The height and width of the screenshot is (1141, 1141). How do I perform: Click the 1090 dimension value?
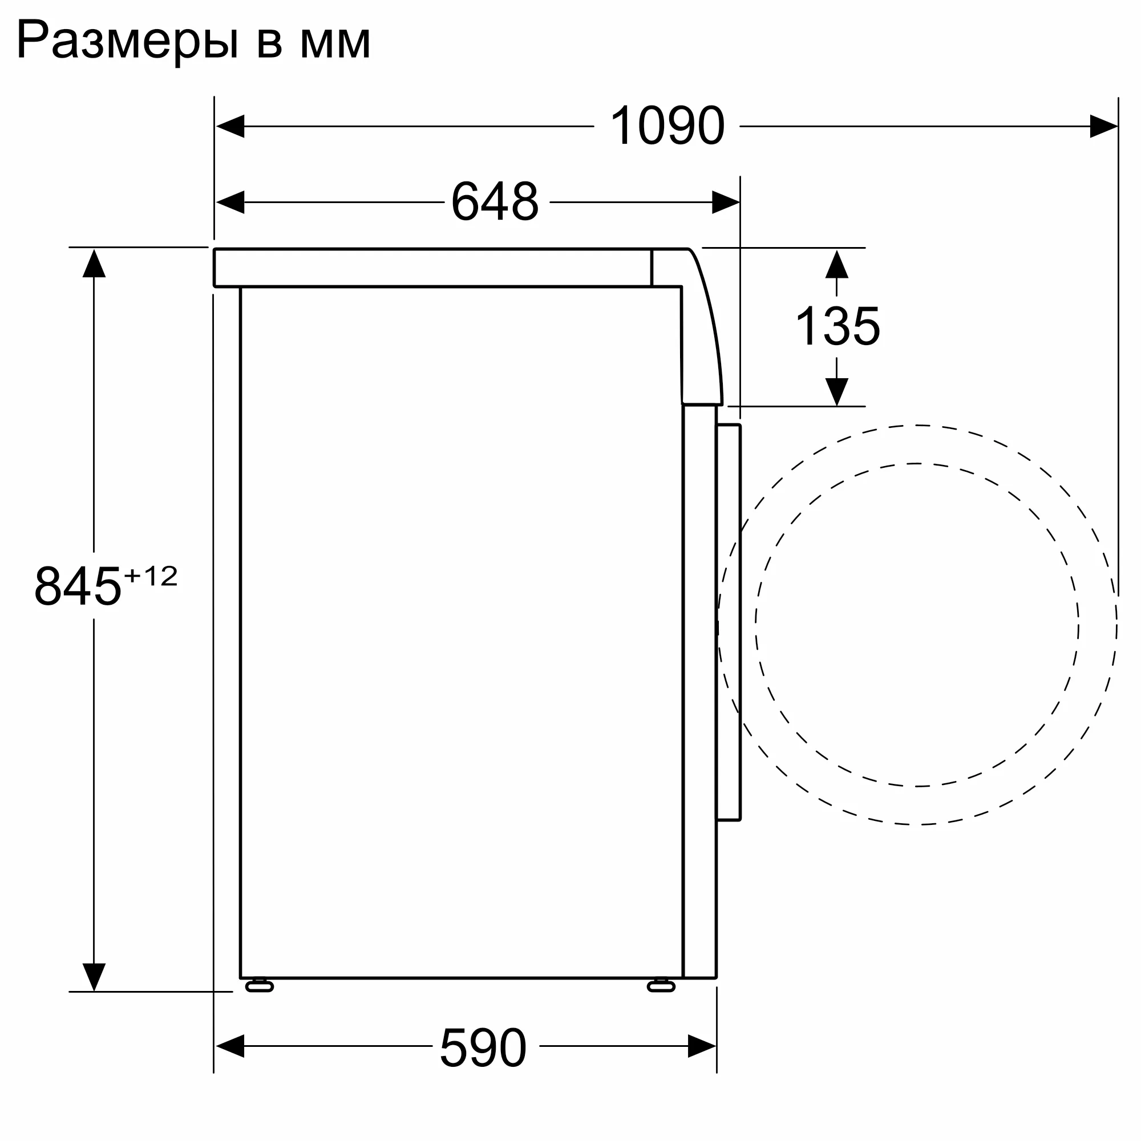667,126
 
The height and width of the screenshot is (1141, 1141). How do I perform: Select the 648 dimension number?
495,201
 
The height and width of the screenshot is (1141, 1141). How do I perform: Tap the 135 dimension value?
837,326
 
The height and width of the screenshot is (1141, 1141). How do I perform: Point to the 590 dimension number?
483,1047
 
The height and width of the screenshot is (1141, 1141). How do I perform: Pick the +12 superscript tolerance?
151,576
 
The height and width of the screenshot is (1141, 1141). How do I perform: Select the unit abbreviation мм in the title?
335,43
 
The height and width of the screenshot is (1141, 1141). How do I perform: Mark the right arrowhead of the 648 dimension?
725,202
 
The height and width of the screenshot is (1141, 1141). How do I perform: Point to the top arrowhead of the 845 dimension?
94,264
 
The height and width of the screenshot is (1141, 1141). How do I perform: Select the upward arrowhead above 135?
836,265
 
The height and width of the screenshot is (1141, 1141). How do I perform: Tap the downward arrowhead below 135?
836,391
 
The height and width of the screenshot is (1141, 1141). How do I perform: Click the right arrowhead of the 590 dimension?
702,1046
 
